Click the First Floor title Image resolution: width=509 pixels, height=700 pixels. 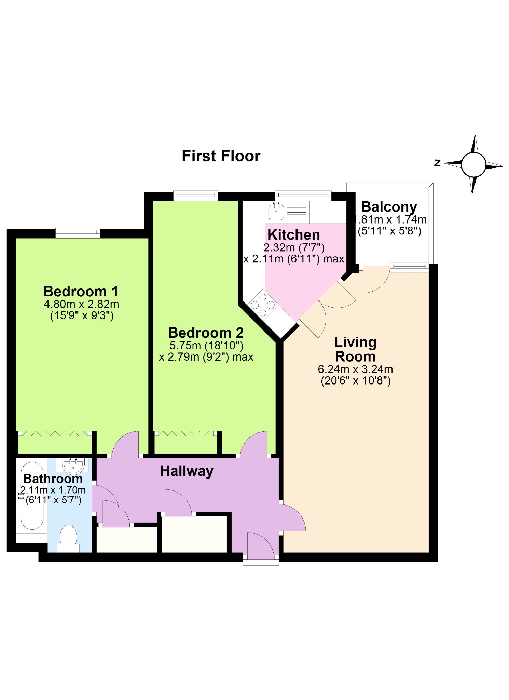221,156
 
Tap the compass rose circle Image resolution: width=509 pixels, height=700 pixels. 473,165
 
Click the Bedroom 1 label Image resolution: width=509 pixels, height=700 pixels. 81,292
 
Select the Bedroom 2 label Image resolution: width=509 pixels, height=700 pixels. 206,333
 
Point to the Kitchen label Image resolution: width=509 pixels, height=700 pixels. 293,235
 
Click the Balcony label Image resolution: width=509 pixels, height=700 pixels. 389,207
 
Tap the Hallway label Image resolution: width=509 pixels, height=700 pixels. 187,471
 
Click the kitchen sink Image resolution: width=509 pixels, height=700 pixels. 276,212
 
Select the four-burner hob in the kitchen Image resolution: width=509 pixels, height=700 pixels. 263,305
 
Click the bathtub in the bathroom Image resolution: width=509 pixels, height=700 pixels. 32,496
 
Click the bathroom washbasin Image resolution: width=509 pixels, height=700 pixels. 73,465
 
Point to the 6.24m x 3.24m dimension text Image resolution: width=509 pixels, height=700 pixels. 355,369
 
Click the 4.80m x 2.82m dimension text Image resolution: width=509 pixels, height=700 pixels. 81,304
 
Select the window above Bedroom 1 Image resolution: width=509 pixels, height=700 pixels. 78,233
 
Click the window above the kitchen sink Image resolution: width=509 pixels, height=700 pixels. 303,196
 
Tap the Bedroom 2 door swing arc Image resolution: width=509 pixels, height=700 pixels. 253,443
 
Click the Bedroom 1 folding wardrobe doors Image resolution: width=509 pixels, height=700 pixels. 55,433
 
